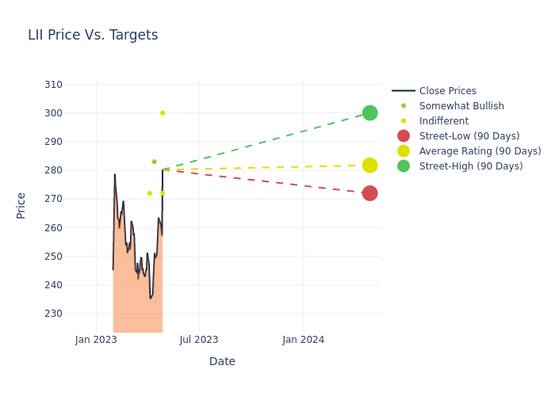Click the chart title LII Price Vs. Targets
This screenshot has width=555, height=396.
(x=93, y=35)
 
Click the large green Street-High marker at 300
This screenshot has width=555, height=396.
(x=369, y=112)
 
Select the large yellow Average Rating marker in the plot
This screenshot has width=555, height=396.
(x=369, y=166)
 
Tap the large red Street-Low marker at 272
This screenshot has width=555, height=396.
(x=369, y=193)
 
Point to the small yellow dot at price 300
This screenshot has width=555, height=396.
(x=163, y=112)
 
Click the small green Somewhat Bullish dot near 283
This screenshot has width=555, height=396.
(x=154, y=162)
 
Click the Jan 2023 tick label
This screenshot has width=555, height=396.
(x=96, y=340)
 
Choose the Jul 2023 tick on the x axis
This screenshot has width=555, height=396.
(x=199, y=340)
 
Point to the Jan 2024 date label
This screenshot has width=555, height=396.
(x=304, y=340)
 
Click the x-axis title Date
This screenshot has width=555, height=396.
(x=222, y=362)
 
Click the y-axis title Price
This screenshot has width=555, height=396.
(x=21, y=205)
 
